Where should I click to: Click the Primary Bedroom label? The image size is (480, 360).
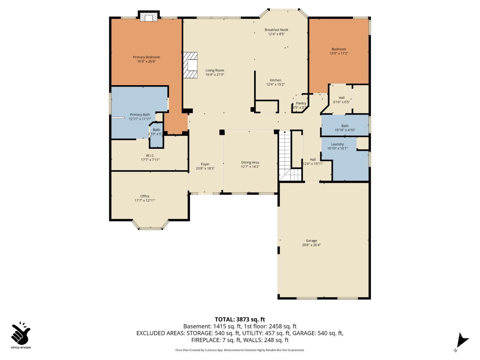(146, 57)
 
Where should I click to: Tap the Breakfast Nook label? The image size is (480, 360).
(276, 30)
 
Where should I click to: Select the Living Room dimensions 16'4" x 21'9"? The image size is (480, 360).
(215, 75)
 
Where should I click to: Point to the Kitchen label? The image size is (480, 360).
(275, 80)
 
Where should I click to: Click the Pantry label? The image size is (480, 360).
(301, 103)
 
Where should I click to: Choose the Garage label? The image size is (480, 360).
(311, 241)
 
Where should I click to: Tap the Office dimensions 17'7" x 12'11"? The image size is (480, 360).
(145, 200)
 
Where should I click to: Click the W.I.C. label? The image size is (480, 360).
(150, 156)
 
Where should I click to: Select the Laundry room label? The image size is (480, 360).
(337, 144)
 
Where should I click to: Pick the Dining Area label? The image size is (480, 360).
(250, 163)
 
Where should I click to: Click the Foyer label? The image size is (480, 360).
(205, 164)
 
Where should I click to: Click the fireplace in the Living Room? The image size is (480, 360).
(190, 65)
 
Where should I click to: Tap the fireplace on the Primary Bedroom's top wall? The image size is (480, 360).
(148, 17)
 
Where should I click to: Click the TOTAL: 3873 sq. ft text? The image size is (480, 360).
(240, 319)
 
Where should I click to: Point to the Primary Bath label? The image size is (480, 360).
(140, 115)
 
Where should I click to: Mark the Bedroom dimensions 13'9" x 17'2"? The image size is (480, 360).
(339, 53)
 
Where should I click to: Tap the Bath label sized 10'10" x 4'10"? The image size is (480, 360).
(345, 126)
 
